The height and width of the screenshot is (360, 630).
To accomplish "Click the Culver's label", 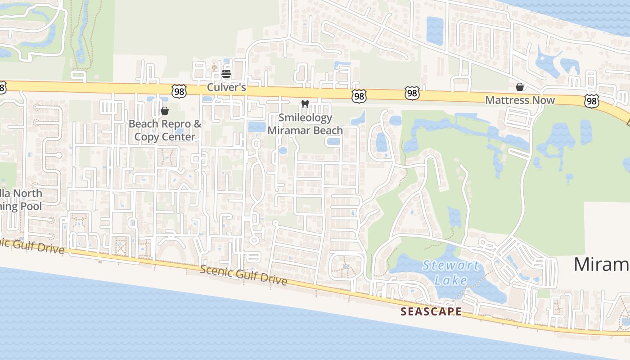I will click(x=226, y=87).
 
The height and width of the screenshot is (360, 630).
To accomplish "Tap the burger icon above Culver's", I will click(x=226, y=73).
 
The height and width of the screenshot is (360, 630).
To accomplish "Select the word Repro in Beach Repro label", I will click(x=176, y=124).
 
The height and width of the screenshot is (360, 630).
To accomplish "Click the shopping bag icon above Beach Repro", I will click(x=165, y=111).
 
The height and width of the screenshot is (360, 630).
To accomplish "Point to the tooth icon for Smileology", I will click(x=305, y=104).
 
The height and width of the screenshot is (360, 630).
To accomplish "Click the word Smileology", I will click(x=305, y=118).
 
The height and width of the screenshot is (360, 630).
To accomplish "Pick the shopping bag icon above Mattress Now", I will click(x=520, y=87).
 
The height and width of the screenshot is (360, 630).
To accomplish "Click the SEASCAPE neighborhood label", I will click(x=431, y=311).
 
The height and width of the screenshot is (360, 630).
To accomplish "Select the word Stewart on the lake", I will click(x=450, y=265).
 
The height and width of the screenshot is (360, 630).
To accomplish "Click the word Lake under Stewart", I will click(x=451, y=280).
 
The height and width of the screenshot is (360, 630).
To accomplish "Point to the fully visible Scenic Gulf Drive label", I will click(x=243, y=274).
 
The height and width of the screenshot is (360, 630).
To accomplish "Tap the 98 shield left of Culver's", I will click(x=179, y=91).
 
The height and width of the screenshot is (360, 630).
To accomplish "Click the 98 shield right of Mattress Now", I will click(x=592, y=101).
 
